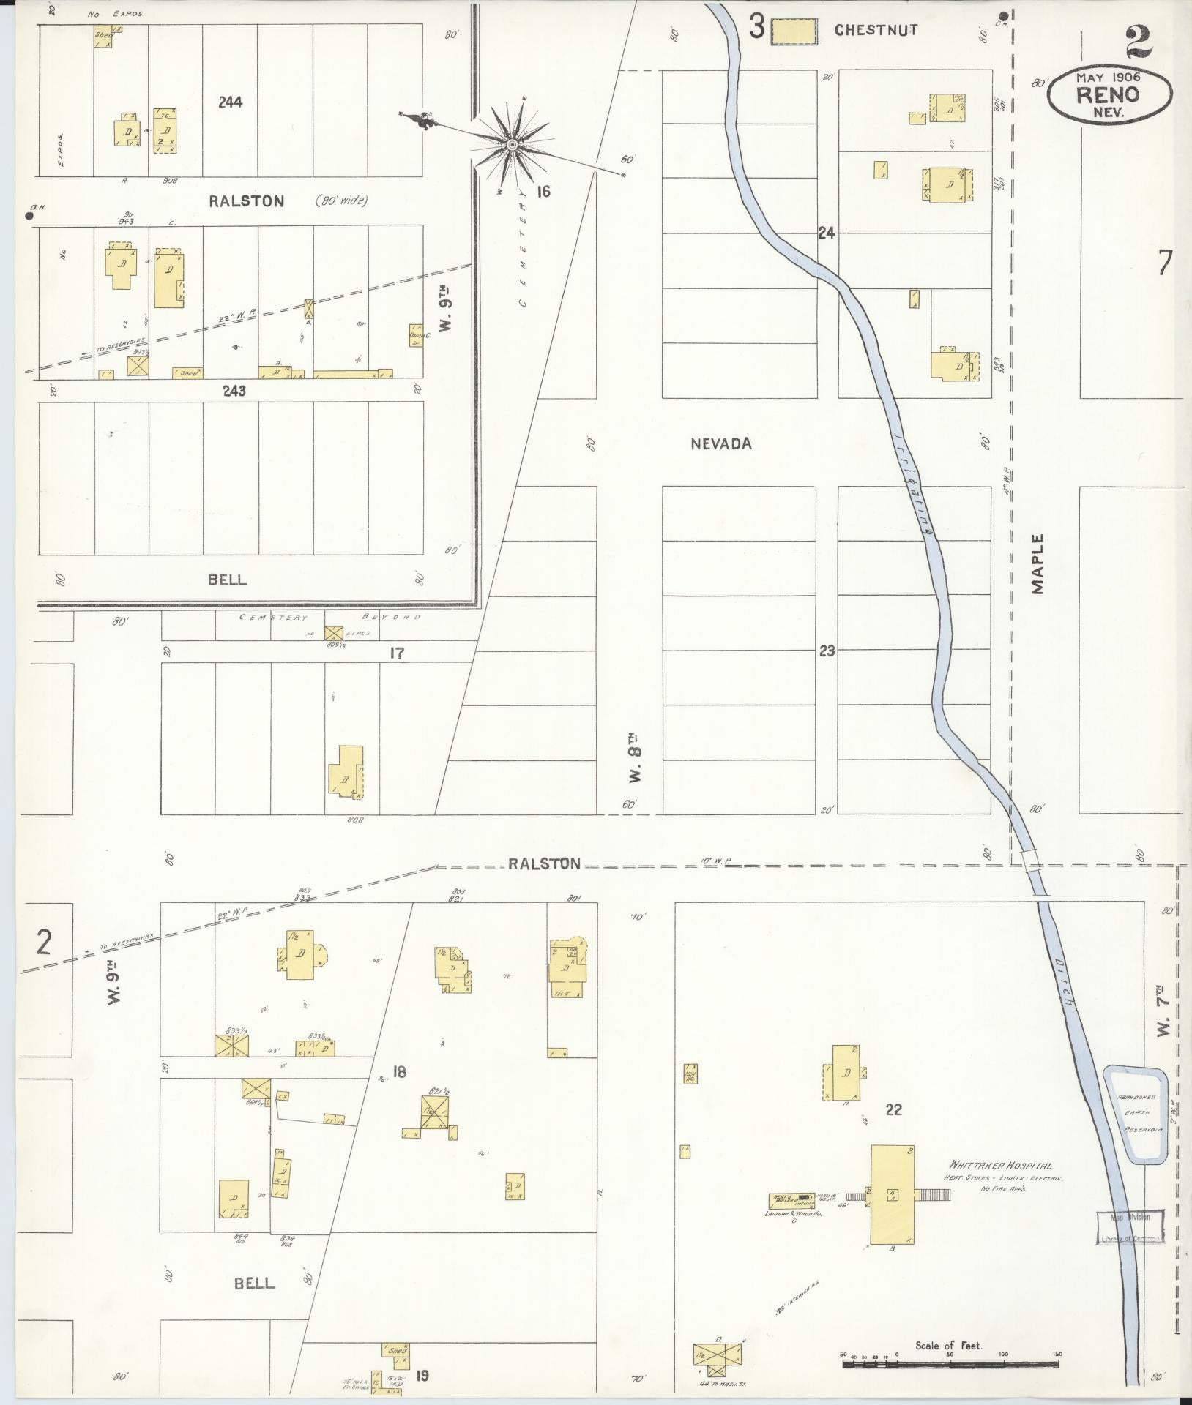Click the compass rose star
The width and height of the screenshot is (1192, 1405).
512,146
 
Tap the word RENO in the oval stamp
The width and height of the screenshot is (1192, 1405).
1108,95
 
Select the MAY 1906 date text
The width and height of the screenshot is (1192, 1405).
1108,76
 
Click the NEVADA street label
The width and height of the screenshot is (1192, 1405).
721,443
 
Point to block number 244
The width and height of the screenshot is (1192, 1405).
230,102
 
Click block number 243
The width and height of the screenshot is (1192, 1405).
234,391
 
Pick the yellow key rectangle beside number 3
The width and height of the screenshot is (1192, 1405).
794,31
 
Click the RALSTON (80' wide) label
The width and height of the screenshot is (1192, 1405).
287,201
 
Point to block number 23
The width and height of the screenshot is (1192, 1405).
827,651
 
